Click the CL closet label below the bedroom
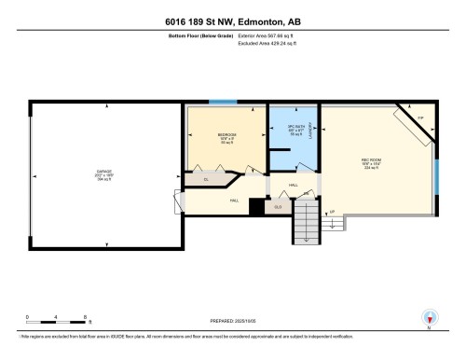206,179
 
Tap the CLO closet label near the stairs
278,207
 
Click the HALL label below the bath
292,186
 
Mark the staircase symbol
306,226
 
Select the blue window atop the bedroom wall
223,101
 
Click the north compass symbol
429,317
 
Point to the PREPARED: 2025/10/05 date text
231,323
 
